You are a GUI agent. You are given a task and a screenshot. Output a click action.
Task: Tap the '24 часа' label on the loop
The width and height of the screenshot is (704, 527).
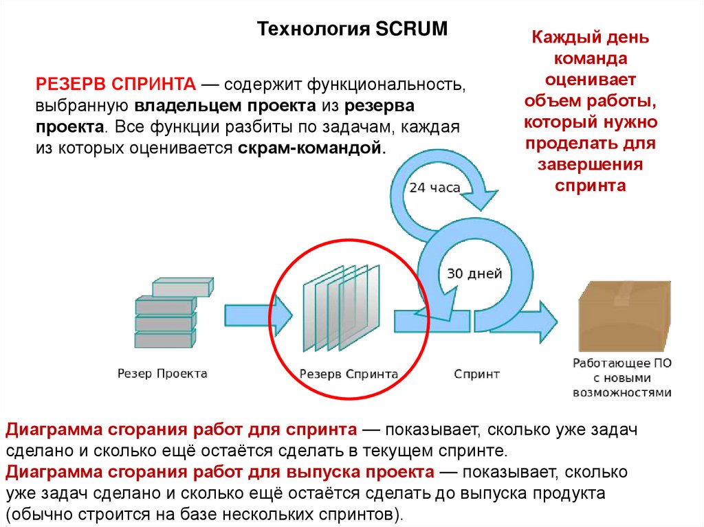pyautogui.click(x=434, y=188)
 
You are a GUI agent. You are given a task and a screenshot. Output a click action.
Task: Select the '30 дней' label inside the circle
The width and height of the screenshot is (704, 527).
pyautogui.click(x=474, y=273)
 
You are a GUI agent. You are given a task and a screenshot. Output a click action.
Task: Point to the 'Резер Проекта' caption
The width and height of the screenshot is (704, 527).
pyautogui.click(x=162, y=374)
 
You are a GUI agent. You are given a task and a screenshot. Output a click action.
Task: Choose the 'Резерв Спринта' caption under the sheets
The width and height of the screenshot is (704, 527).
pyautogui.click(x=349, y=374)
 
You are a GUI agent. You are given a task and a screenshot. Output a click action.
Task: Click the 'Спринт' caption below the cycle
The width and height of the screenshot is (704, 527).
pyautogui.click(x=476, y=374)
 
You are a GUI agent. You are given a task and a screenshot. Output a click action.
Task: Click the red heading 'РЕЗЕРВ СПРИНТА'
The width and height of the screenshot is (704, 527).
pyautogui.click(x=117, y=85)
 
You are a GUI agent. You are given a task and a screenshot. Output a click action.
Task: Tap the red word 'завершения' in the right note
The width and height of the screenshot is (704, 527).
pyautogui.click(x=591, y=165)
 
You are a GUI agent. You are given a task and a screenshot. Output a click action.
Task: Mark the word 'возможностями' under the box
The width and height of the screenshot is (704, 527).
pyautogui.click(x=621, y=392)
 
